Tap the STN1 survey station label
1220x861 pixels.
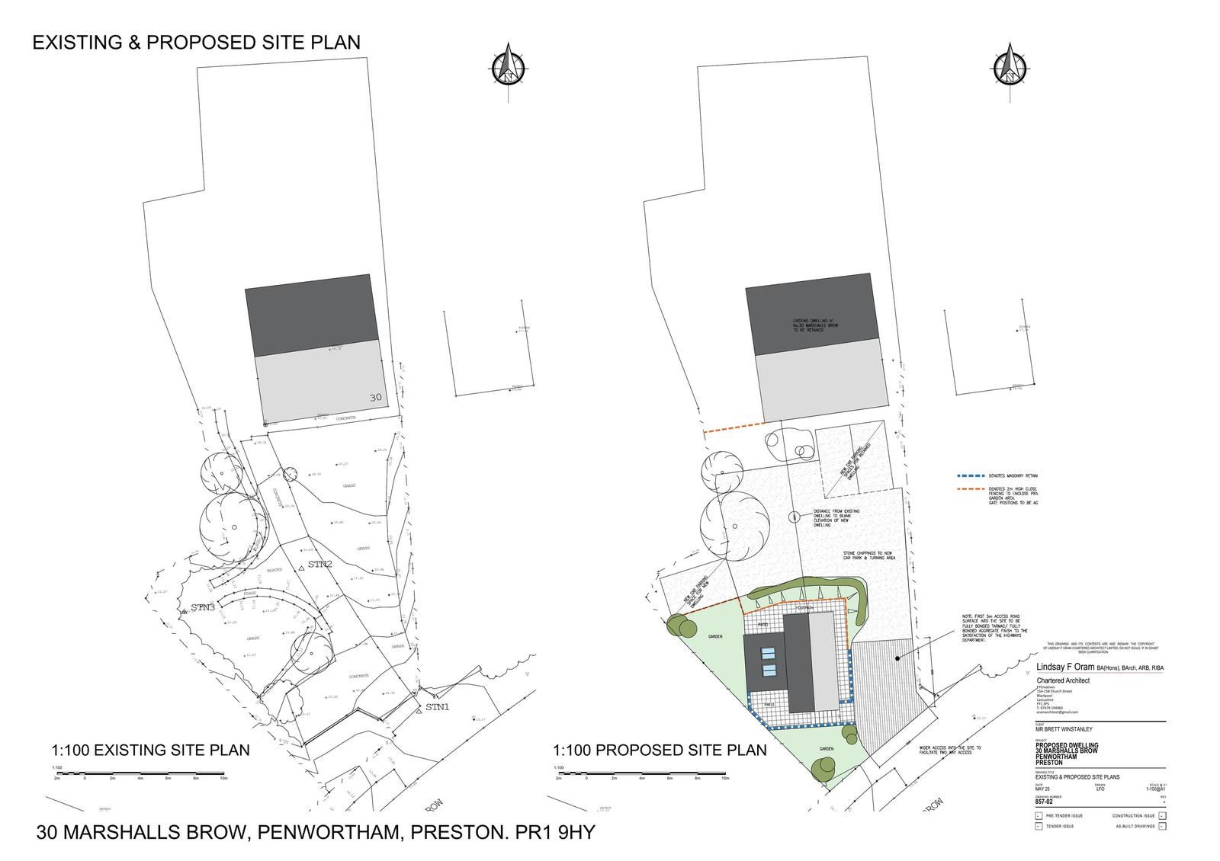(438, 707)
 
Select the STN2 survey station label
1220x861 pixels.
(319, 565)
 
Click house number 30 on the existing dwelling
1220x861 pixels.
(375, 398)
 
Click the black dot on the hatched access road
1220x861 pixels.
(897, 658)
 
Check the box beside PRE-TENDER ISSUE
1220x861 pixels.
(1039, 816)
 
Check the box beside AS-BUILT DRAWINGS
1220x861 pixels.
(1161, 826)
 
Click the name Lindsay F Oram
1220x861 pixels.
(1062, 668)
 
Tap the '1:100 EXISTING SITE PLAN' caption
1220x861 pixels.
(150, 750)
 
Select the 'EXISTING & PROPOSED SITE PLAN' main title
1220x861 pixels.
(196, 43)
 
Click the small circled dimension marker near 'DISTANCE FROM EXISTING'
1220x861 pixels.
(795, 516)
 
